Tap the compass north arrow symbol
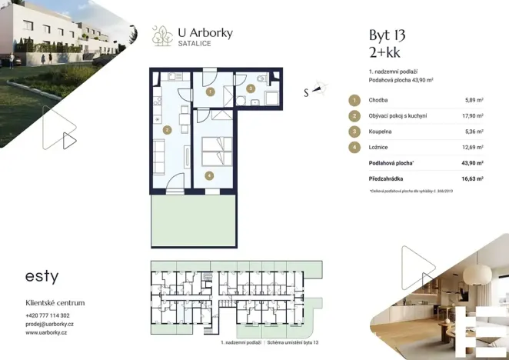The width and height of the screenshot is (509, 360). (x=318, y=90)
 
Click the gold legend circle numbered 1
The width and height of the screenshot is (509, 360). (x=354, y=100)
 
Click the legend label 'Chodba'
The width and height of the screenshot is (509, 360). (x=378, y=100)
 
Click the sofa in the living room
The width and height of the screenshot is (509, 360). (x=159, y=158)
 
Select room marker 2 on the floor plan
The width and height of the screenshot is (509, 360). (x=166, y=130)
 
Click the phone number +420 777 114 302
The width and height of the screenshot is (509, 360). (x=47, y=315)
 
